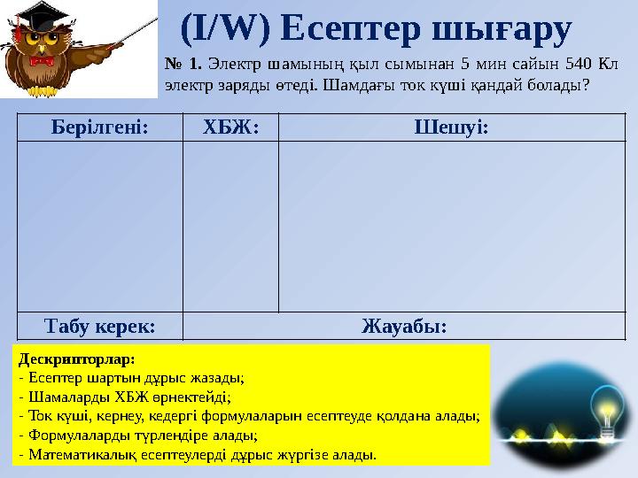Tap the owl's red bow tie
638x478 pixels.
point(41,62)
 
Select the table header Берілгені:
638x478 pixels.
point(99,127)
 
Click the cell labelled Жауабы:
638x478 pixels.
point(404,326)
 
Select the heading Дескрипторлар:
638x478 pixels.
point(75,359)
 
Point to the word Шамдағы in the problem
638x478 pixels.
point(430,87)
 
